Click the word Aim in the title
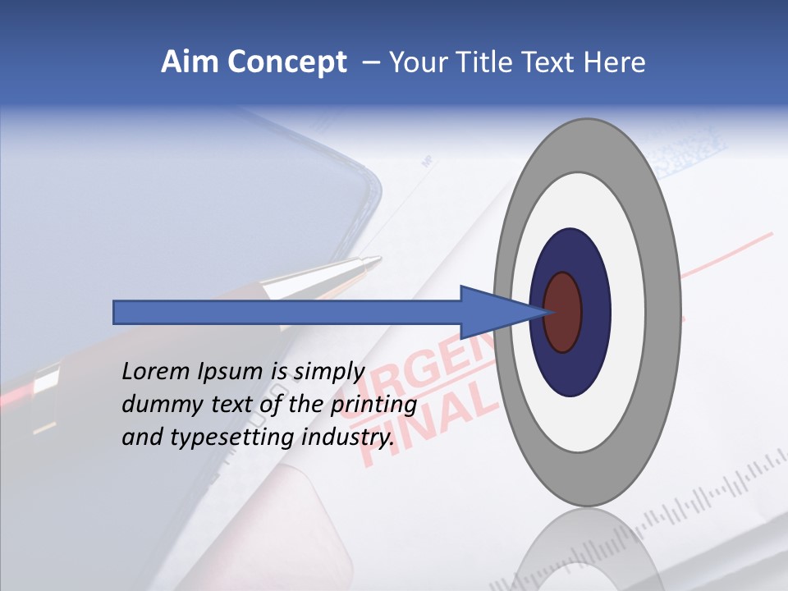click(190, 62)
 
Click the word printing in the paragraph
click(373, 405)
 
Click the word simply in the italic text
click(329, 371)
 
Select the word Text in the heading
click(556, 62)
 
